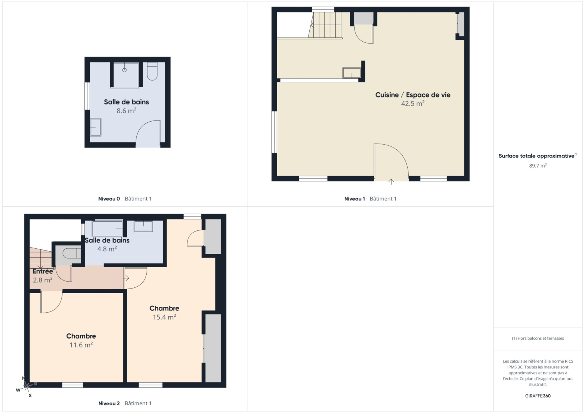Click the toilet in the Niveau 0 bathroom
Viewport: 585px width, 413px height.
(x=152, y=71)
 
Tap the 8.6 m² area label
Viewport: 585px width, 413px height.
(x=127, y=111)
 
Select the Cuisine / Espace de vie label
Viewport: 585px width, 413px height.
(x=413, y=95)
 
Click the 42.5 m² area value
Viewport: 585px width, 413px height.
(x=413, y=104)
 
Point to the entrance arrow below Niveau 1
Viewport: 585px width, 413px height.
(x=391, y=182)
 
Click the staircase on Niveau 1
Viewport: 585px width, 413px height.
(x=325, y=25)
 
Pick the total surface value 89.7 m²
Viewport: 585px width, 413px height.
(x=538, y=166)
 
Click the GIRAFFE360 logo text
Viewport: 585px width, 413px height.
(x=538, y=396)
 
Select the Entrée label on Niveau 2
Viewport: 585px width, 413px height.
(x=43, y=271)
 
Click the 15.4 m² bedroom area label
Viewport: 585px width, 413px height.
(x=164, y=317)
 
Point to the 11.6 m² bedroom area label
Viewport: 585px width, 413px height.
(x=81, y=345)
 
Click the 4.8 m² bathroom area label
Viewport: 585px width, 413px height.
(x=107, y=249)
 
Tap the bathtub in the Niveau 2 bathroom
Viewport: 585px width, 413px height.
(x=107, y=229)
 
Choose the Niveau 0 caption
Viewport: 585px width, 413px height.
(x=109, y=199)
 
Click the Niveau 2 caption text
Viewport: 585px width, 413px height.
(x=109, y=404)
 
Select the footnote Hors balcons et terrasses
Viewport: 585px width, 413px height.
(x=538, y=338)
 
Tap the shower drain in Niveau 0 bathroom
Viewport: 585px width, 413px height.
(x=125, y=70)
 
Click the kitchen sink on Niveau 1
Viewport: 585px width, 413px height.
(x=351, y=73)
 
